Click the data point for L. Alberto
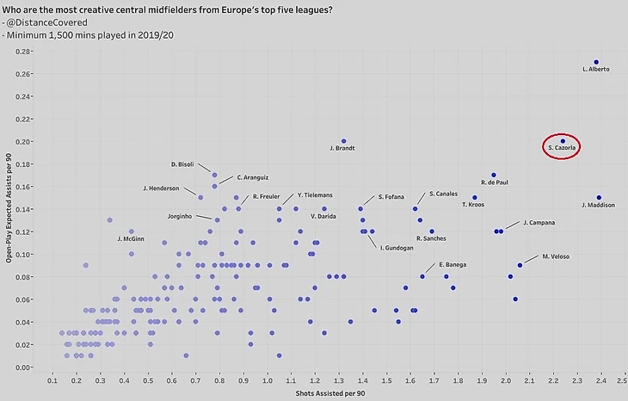coord(595,62)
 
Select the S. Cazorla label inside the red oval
coord(562,149)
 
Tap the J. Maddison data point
coord(599,198)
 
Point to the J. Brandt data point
coord(343,141)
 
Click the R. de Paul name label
coord(496,182)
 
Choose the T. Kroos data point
coord(474,198)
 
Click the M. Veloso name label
coord(556,256)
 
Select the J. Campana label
coord(539,223)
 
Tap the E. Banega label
coord(453,264)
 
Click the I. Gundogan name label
coord(397,248)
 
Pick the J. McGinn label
coord(131,238)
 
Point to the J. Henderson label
coord(161,188)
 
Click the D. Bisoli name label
coord(185,163)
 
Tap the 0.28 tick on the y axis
coord(25,51)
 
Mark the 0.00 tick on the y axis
coord(25,367)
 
